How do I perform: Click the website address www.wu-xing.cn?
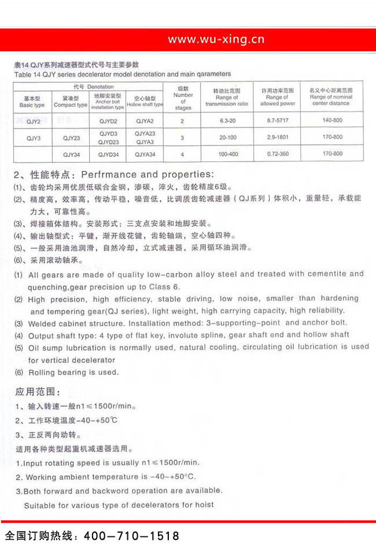pos(216,39)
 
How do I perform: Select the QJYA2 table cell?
pos(145,122)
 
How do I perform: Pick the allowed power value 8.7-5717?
pos(278,121)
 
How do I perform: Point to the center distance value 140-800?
pos(333,121)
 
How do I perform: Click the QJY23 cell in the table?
pos(71,138)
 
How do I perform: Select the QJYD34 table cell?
pos(108,154)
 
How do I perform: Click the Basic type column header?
pos(32,102)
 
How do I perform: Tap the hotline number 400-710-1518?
pos(132,536)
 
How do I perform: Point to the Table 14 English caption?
pos(122,74)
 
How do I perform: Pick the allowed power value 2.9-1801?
pos(278,137)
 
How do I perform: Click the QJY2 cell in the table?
pos(33,122)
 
